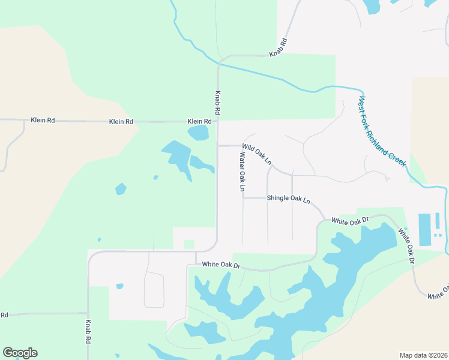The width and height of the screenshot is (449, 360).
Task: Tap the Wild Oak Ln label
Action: click(258, 154)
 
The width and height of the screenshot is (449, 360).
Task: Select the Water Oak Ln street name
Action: click(243, 172)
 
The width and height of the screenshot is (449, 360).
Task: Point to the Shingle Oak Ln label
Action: click(288, 199)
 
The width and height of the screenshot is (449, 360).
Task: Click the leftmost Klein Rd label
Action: click(43, 121)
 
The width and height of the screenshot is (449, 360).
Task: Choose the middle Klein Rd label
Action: click(121, 122)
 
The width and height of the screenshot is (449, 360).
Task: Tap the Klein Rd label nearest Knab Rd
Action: click(199, 121)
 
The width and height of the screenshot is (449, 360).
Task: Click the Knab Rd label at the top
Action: click(279, 48)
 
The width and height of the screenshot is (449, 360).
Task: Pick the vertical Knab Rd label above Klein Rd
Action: click(217, 103)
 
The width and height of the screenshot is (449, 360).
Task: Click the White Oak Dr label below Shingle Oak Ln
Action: click(350, 221)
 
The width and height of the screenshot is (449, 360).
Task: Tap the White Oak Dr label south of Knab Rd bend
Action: click(221, 265)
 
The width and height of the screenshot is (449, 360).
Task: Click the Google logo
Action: click(20, 353)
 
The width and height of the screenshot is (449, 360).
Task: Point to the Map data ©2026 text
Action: click(423, 355)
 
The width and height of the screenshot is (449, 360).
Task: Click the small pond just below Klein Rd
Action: click(197, 133)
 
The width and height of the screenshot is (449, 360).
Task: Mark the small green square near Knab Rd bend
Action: click(189, 244)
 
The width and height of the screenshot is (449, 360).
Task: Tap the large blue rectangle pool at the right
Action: click(424, 229)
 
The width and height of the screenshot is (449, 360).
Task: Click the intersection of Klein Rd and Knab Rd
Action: click(217, 121)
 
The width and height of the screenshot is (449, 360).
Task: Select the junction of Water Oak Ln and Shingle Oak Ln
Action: click(243, 197)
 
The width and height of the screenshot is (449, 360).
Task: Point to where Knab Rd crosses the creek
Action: click(219, 62)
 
